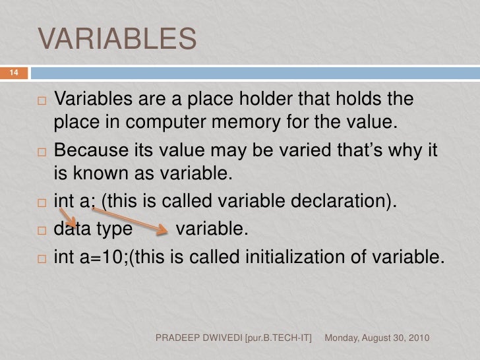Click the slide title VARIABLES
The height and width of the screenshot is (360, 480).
(117, 39)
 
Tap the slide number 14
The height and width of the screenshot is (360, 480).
(13, 72)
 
